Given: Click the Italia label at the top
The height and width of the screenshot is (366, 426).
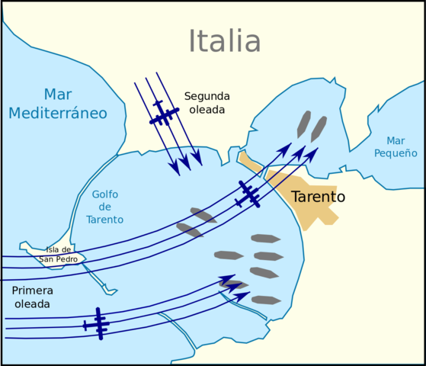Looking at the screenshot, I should pyautogui.click(x=225, y=42).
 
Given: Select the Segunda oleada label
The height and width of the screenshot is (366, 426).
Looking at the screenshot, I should pyautogui.click(x=207, y=103).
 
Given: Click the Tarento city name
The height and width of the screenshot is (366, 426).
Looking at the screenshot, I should pyautogui.click(x=319, y=197).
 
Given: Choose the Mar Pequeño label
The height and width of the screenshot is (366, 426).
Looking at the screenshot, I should pyautogui.click(x=396, y=146).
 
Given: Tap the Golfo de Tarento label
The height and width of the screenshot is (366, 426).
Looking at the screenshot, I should pyautogui.click(x=105, y=207).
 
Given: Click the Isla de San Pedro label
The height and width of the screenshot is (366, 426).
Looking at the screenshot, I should pyautogui.click(x=59, y=254).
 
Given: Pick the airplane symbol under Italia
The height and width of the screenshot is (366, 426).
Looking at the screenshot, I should pyautogui.click(x=162, y=114).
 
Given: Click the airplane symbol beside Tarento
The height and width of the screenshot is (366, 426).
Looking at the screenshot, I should pyautogui.click(x=248, y=194).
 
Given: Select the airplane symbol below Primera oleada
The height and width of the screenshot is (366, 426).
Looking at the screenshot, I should pyautogui.click(x=98, y=324).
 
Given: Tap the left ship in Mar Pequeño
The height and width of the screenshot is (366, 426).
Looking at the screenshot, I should pyautogui.click(x=304, y=124).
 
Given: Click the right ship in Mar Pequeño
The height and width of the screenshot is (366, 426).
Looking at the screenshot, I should pyautogui.click(x=319, y=129).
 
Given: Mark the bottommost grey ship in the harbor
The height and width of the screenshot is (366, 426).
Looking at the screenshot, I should pyautogui.click(x=266, y=300).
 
